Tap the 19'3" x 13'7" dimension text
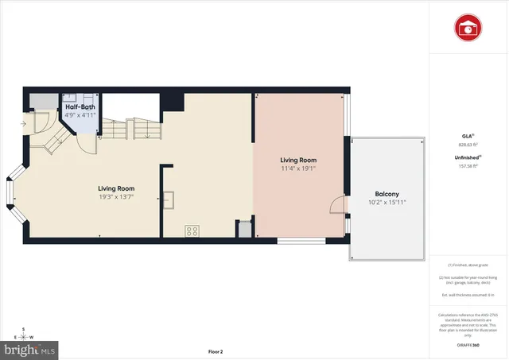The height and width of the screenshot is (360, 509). (115, 197)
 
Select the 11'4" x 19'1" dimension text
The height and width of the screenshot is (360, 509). (298, 168)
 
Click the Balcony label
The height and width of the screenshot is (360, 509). (387, 194)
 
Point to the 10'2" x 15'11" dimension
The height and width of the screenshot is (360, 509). (387, 203)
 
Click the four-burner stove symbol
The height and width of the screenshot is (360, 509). (192, 231)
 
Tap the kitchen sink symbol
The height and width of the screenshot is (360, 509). (169, 199)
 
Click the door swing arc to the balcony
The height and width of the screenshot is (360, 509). (336, 206)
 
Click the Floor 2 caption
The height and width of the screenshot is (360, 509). (216, 351)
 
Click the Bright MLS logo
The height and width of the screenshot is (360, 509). (30, 348)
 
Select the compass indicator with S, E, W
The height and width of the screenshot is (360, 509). (25, 333)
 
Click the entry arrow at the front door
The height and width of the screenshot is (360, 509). (23, 124)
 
